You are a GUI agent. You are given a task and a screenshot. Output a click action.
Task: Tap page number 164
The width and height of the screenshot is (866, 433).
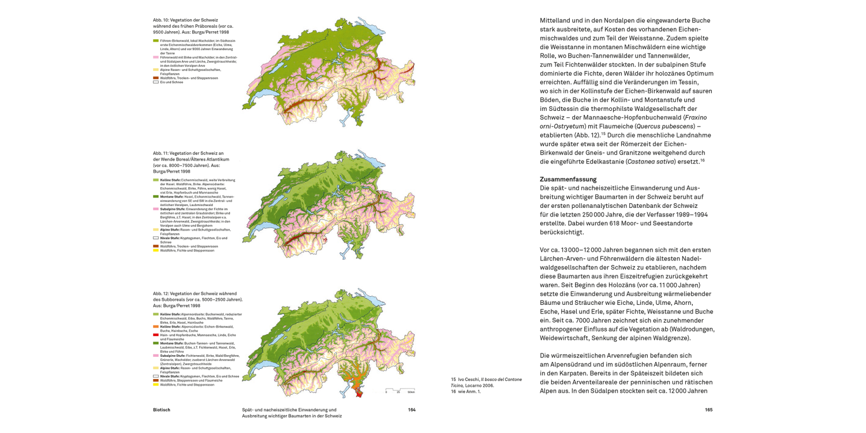(412, 410)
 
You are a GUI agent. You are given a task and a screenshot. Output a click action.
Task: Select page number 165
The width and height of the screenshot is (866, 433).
(708, 410)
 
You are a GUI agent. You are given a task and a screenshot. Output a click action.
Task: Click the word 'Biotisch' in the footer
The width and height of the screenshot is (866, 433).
(162, 410)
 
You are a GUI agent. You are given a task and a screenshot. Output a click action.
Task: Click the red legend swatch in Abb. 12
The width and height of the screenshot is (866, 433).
(156, 334)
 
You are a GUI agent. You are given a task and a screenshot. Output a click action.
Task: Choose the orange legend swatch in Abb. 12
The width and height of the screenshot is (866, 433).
(156, 326)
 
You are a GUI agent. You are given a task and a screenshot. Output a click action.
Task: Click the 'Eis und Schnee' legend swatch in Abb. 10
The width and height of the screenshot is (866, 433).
(156, 82)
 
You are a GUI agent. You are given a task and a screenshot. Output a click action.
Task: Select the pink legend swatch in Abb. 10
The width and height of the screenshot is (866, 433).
(156, 58)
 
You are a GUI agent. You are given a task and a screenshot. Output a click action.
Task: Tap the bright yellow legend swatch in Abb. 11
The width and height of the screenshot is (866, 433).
(156, 251)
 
